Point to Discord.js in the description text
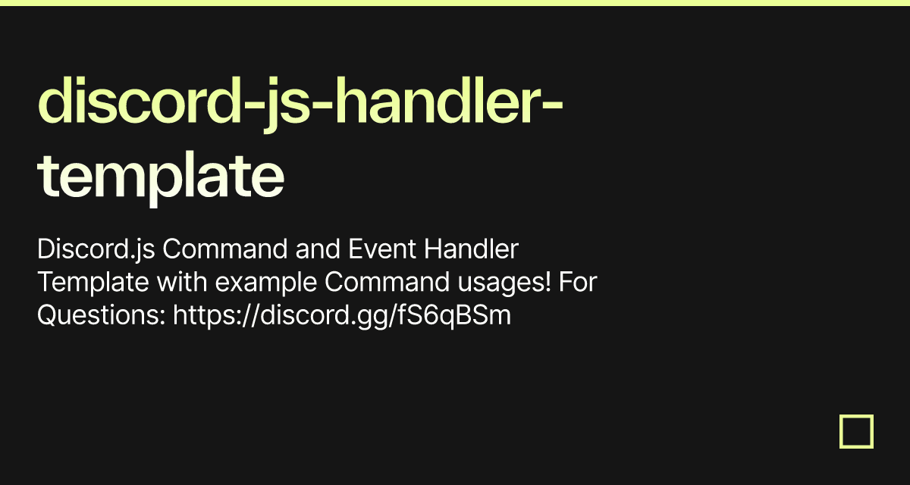point(90,249)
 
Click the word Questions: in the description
point(102,315)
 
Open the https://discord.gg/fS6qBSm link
point(342,316)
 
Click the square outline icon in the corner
point(856,431)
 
